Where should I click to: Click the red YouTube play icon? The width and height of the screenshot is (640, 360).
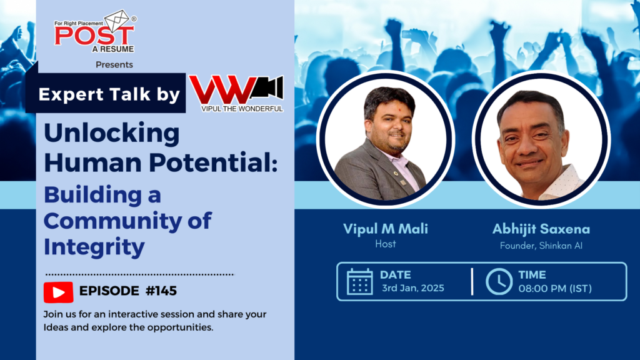pos(58,291)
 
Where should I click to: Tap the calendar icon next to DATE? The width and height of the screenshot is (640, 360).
pos(359,281)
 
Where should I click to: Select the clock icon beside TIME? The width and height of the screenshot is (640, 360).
pos(499,281)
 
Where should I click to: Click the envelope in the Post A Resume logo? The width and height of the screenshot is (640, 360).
pos(117,21)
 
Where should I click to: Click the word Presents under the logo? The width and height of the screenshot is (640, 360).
pos(114,64)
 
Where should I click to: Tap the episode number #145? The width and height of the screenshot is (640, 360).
pos(161,291)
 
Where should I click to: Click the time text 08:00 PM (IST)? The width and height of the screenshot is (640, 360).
pos(555,288)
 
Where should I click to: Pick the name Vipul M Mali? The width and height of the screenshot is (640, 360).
pos(386,229)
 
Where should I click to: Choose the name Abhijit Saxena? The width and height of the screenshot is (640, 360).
pos(541,229)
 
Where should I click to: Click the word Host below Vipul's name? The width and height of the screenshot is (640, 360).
pos(386,244)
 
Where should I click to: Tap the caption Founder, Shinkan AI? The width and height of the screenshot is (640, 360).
pos(541,245)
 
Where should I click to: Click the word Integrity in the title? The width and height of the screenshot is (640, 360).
pos(94,247)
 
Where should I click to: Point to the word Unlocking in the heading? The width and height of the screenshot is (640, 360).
pos(111,133)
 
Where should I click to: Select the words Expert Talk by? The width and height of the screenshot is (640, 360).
pos(109,94)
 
